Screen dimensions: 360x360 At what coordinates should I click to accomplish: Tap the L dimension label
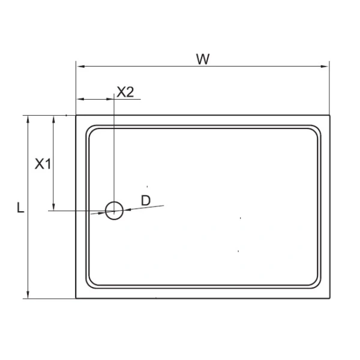[x=20, y=208]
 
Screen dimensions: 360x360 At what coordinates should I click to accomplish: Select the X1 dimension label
[x=43, y=163]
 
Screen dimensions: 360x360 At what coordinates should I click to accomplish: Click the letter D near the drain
[x=145, y=200]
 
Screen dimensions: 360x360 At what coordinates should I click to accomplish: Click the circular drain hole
[x=114, y=210]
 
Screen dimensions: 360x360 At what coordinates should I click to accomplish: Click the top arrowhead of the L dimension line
[x=28, y=119]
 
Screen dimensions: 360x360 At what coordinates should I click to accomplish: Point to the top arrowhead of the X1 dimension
[x=54, y=119]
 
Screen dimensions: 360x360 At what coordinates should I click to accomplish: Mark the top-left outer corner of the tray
[x=76, y=115]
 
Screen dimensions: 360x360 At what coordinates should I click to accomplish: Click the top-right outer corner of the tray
[x=329, y=115]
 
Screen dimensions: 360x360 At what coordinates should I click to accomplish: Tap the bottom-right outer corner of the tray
[x=329, y=298]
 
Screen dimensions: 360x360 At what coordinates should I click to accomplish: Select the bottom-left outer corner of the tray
[x=76, y=298]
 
